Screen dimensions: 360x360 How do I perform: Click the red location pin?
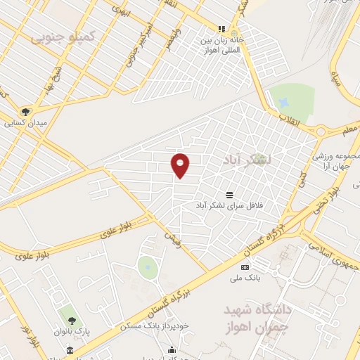point(181,165)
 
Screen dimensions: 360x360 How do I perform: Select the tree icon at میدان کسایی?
point(26,111)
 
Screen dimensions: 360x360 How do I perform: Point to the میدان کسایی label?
point(25,123)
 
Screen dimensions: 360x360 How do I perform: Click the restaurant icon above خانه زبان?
point(221,30)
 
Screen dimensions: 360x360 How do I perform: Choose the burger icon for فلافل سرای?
point(230,194)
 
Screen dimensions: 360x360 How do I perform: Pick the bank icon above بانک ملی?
point(245,267)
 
